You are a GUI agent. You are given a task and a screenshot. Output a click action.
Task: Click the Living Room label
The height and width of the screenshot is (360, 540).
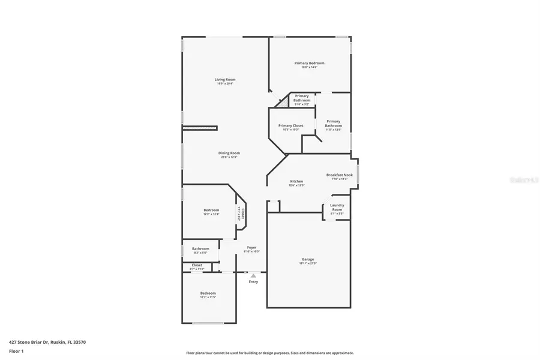pyautogui.click(x=225, y=80)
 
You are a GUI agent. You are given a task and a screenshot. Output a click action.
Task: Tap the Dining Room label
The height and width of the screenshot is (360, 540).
pyautogui.click(x=229, y=153)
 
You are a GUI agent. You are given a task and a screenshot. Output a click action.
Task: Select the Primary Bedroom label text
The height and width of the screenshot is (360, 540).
pyautogui.click(x=309, y=63)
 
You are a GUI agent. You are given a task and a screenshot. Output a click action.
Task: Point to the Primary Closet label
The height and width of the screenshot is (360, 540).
pyautogui.click(x=290, y=125)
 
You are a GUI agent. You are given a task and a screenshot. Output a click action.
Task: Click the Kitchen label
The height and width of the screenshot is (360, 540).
pyautogui.click(x=296, y=181)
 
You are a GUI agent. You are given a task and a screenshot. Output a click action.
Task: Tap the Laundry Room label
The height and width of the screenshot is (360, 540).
pyautogui.click(x=337, y=207)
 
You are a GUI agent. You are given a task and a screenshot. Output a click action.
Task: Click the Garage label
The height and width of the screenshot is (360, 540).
pyautogui.click(x=308, y=259)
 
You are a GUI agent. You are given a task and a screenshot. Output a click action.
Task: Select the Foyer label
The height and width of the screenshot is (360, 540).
pyautogui.click(x=252, y=247)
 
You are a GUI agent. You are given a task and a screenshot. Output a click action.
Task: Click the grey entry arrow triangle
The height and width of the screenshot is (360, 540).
pyautogui.click(x=253, y=275)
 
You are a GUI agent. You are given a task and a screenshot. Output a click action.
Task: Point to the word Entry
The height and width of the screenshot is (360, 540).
pyautogui.click(x=253, y=281)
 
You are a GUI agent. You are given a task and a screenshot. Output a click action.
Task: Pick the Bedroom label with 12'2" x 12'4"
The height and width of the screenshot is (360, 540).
pyautogui.click(x=211, y=210)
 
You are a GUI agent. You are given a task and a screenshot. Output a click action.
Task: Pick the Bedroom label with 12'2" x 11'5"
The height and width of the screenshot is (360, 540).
pyautogui.click(x=208, y=293)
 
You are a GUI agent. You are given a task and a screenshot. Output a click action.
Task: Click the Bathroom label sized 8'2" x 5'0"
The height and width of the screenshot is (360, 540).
pyautogui.click(x=200, y=248)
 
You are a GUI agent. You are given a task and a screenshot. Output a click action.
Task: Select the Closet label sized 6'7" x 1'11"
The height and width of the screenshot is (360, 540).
pyautogui.click(x=197, y=265)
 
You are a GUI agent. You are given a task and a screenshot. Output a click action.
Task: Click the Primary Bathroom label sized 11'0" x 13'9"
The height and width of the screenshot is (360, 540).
pyautogui.click(x=333, y=123)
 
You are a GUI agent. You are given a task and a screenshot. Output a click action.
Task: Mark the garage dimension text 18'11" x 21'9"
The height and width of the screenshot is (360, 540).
pyautogui.click(x=308, y=263)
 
